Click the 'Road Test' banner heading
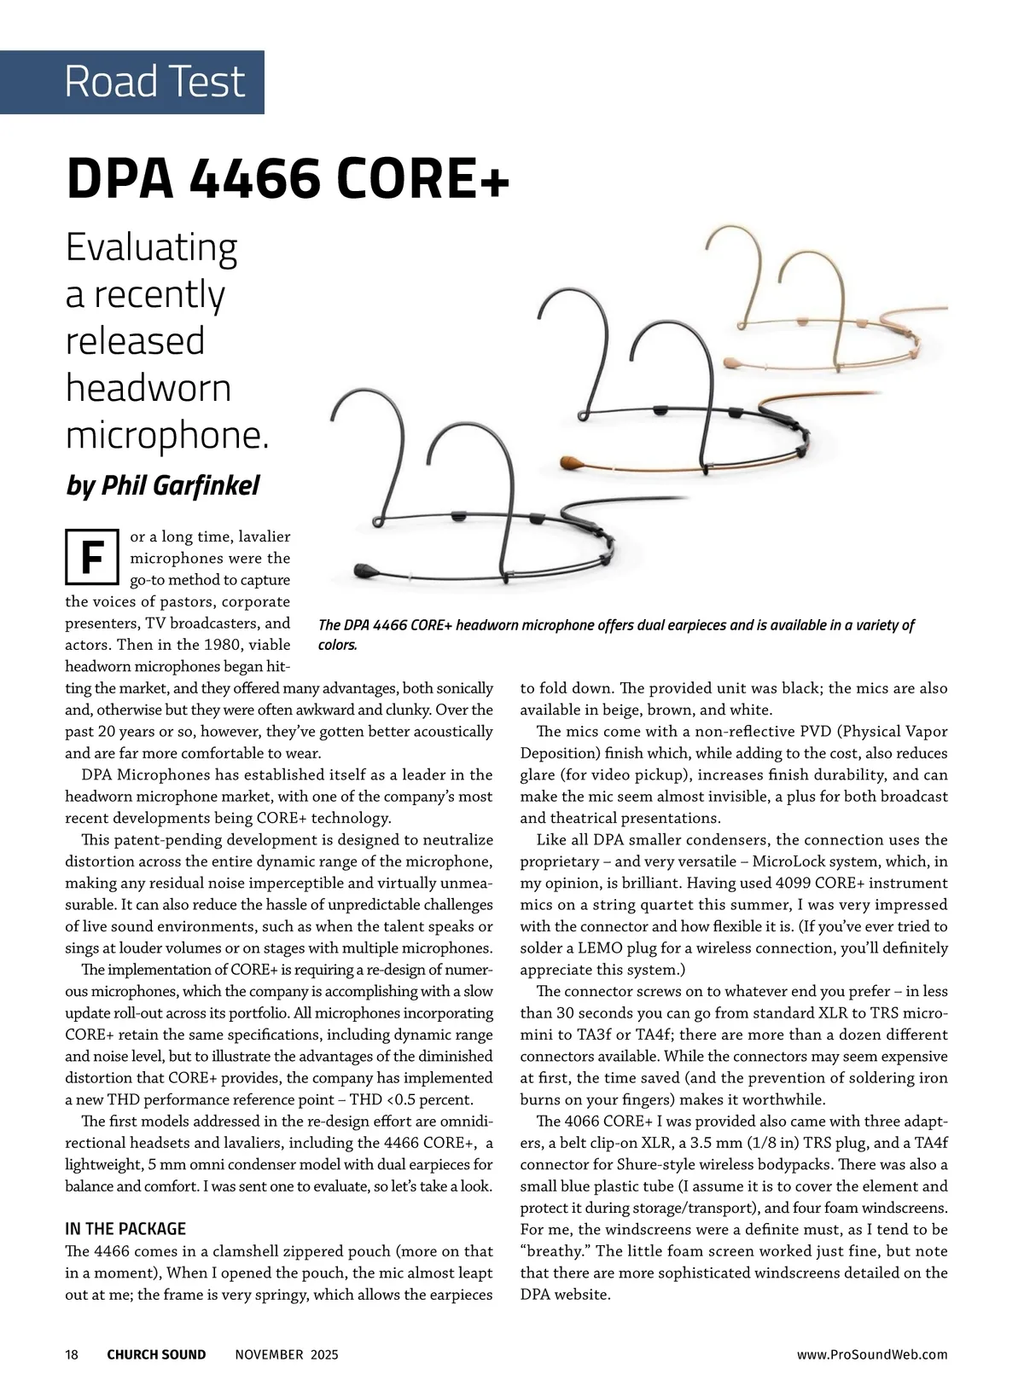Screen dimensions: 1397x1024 (x=154, y=82)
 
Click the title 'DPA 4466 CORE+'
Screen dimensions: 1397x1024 (x=288, y=178)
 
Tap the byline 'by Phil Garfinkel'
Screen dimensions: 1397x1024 (x=163, y=485)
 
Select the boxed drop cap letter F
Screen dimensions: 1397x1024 (x=91, y=557)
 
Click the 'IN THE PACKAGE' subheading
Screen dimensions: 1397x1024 (x=125, y=1229)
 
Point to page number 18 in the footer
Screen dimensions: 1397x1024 (x=72, y=1354)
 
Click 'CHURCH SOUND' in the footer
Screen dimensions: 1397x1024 (x=156, y=1354)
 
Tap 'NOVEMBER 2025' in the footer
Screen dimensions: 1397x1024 (x=287, y=1354)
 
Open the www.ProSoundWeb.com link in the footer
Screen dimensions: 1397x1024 (x=872, y=1354)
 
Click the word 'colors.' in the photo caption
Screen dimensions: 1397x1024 (x=338, y=645)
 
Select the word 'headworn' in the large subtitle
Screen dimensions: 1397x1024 (x=148, y=388)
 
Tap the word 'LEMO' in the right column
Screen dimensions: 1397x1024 (x=599, y=948)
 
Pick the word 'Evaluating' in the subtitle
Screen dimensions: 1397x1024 (x=152, y=247)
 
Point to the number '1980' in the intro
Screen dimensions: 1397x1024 (x=222, y=645)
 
